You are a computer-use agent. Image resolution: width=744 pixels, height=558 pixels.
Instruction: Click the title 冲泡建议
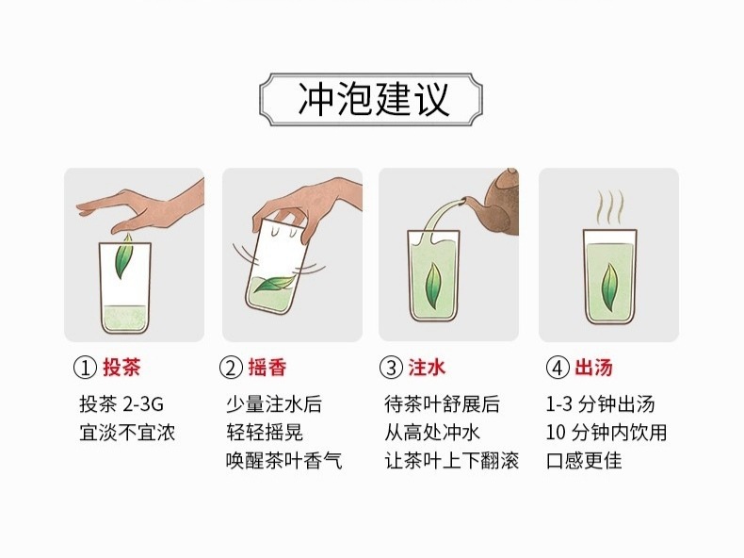click(373, 99)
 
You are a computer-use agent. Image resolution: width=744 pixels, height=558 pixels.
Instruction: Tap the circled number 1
click(86, 368)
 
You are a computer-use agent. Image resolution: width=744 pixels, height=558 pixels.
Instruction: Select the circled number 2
click(231, 368)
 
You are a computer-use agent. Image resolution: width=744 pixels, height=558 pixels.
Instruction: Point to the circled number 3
click(392, 368)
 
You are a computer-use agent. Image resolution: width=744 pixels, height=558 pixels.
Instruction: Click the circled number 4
click(558, 368)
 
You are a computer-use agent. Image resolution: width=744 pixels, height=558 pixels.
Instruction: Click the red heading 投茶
click(121, 368)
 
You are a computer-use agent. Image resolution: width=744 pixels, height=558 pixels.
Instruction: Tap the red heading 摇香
click(267, 368)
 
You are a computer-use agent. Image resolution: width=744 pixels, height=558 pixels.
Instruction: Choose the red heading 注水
click(427, 368)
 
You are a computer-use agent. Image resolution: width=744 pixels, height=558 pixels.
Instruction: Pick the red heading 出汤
click(593, 368)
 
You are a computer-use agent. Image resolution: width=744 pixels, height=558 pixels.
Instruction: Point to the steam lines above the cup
click(609, 207)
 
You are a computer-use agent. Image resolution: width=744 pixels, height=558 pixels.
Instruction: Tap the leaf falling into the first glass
click(124, 256)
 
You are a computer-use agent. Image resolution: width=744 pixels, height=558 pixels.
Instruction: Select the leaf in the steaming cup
click(609, 288)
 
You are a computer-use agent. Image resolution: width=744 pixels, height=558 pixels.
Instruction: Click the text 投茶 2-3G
click(121, 404)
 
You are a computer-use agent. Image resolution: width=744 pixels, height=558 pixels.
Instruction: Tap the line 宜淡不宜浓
click(127, 433)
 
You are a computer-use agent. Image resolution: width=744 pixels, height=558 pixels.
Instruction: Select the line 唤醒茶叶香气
click(283, 461)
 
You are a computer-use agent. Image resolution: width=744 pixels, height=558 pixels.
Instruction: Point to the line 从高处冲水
click(432, 433)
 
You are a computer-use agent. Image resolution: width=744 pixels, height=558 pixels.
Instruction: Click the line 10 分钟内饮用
click(606, 433)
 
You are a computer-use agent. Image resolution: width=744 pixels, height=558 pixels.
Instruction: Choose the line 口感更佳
click(584, 461)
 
